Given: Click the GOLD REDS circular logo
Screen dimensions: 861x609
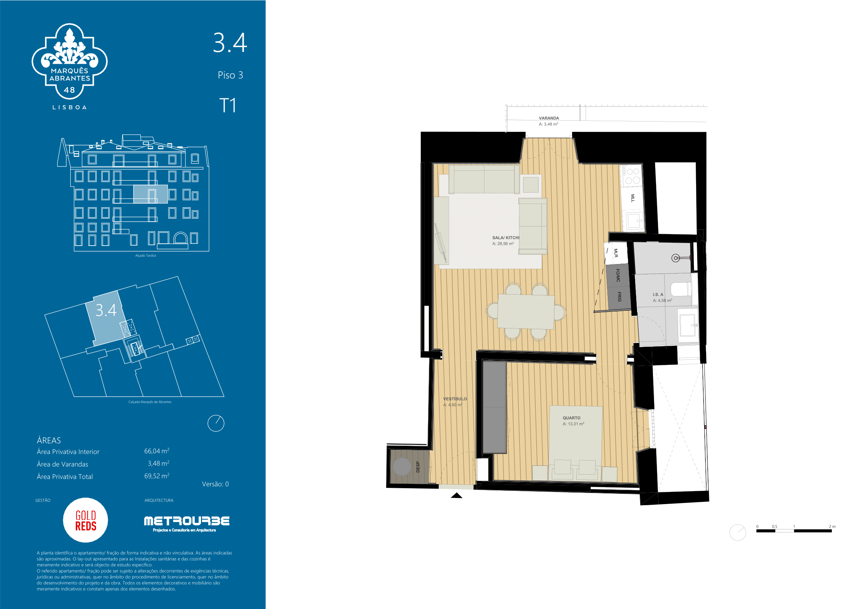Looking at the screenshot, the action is (85, 520).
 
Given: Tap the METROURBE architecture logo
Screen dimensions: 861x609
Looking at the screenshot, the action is (186, 524).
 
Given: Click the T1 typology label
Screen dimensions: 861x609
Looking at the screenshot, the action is (227, 105).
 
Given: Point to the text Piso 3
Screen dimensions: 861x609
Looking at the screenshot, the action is (230, 75).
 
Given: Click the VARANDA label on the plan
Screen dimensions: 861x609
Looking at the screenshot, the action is (548, 118).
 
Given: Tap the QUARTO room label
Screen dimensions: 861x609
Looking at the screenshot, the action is (572, 418).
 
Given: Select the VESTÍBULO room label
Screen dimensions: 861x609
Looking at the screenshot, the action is (455, 399).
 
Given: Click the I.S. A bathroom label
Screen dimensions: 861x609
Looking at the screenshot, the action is (658, 295).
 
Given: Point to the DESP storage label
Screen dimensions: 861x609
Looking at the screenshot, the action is (418, 467).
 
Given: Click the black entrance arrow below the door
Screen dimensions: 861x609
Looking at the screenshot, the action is (456, 495).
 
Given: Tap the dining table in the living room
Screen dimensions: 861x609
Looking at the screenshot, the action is (526, 311).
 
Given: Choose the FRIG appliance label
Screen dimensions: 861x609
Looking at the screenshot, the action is (619, 297).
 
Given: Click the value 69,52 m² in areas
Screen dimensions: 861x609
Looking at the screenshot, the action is (157, 476).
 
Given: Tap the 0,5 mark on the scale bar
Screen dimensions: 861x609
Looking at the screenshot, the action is (774, 527).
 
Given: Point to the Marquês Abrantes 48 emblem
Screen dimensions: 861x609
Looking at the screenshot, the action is (69, 62).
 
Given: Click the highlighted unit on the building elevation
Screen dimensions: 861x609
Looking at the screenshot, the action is (151, 194).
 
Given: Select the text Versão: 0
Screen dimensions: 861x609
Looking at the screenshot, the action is (215, 484).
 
